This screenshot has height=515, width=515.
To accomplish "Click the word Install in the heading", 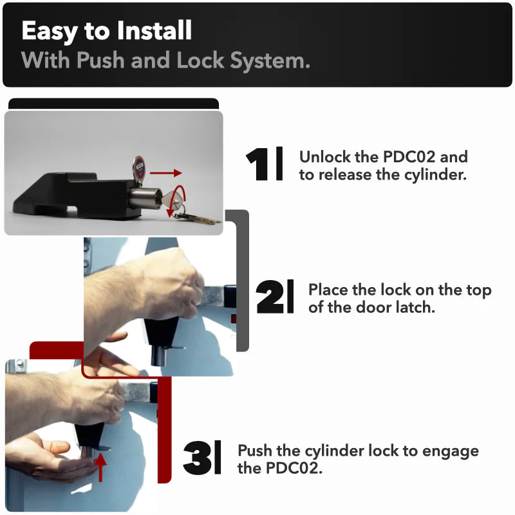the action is pyautogui.click(x=154, y=30).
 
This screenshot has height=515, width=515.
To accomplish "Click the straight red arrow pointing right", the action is pyautogui.click(x=165, y=173).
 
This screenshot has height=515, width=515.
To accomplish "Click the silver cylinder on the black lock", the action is pyautogui.click(x=145, y=198).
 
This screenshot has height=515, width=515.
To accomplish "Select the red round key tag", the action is pyautogui.click(x=139, y=167).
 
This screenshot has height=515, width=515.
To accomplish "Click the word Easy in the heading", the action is pyautogui.click(x=50, y=31).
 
